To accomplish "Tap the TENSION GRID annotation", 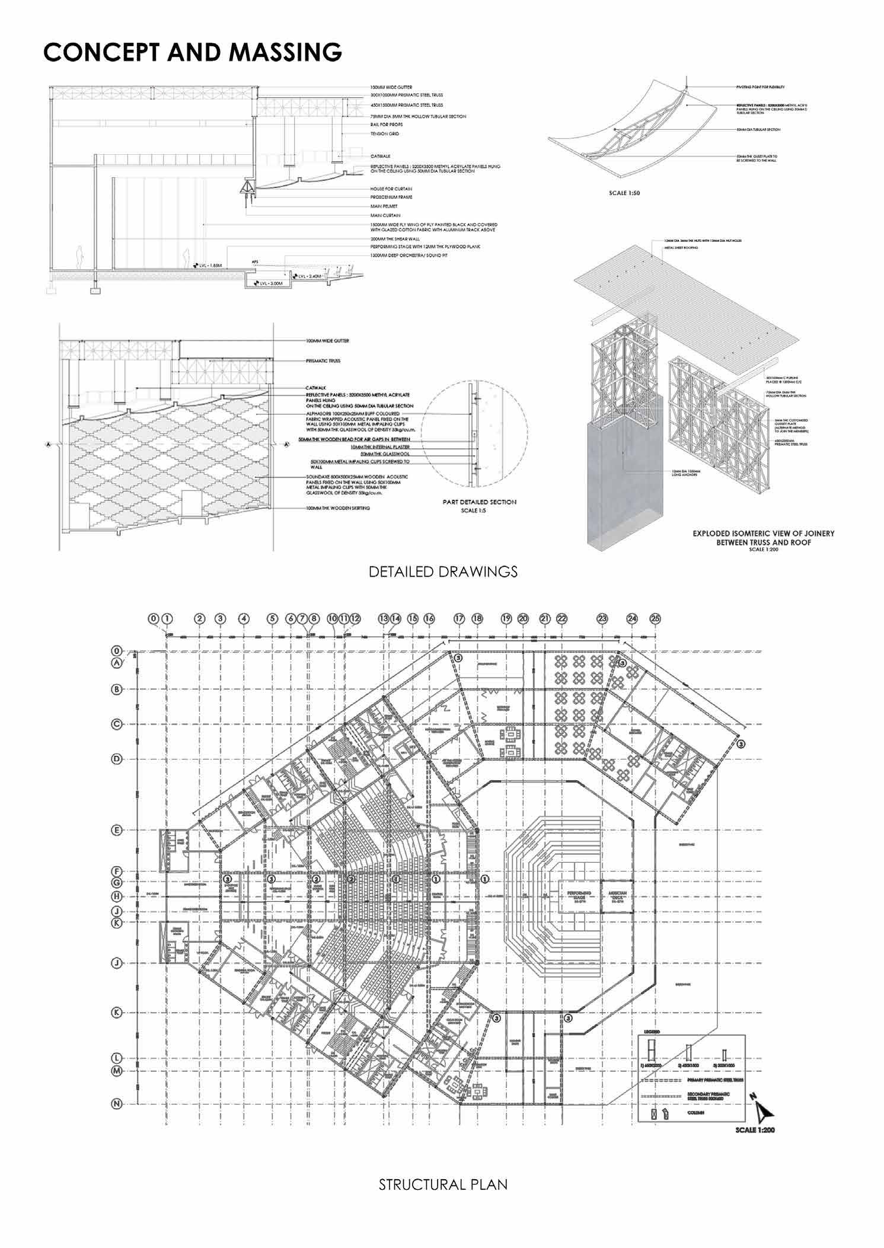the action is pos(385,134).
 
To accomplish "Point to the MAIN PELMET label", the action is pos(384,206).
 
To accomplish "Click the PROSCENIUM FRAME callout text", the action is pos(391,197).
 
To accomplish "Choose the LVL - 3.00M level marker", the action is pos(272,284).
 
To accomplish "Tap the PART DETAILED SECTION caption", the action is pos(480,502).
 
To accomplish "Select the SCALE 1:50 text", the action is pos(624,193).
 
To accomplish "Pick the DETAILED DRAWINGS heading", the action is pos(443,572).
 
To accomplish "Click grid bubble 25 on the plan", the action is pos(655,618).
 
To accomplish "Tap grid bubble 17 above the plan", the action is pos(459,618).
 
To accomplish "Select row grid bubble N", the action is pos(117,1103).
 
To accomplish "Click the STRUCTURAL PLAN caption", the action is pos(443,1185).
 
